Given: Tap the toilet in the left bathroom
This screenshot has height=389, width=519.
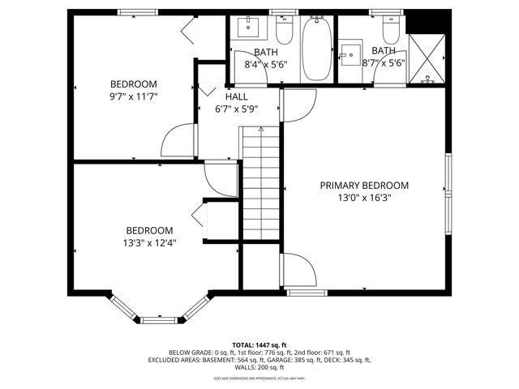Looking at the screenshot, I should [284, 31].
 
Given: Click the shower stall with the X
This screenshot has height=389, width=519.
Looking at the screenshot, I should [426, 59].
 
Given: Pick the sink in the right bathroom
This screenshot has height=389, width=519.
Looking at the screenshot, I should [351, 57].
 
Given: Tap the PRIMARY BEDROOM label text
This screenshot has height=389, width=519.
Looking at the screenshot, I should [363, 185].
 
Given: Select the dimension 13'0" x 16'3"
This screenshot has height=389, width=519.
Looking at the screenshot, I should [363, 197].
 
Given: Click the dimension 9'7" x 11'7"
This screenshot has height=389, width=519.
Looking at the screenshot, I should [134, 96].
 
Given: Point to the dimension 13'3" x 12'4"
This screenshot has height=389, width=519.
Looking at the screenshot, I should [149, 242].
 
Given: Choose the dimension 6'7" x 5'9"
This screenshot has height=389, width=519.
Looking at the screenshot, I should [237, 109].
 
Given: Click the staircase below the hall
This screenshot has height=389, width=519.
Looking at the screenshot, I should [260, 186].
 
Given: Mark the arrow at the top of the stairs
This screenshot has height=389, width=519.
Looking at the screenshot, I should [260, 129].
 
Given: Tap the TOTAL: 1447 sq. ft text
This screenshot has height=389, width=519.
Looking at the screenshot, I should [259, 345].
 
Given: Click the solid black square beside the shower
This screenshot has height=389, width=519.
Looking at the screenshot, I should [426, 22].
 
